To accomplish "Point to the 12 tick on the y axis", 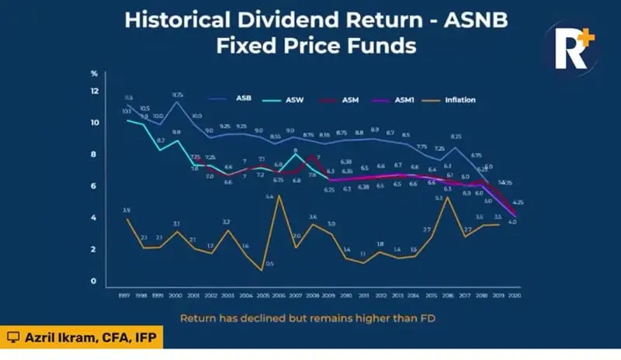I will pos(95,92).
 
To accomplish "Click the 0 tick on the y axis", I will pos(95,281).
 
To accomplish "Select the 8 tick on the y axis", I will pos(95,154).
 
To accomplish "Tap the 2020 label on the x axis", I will pos(512,296).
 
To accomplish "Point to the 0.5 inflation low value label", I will pos(269,264).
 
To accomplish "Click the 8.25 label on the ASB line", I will pos(456,137).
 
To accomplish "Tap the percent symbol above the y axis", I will pos(94,74).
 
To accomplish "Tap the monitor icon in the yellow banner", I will pos(12,337).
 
